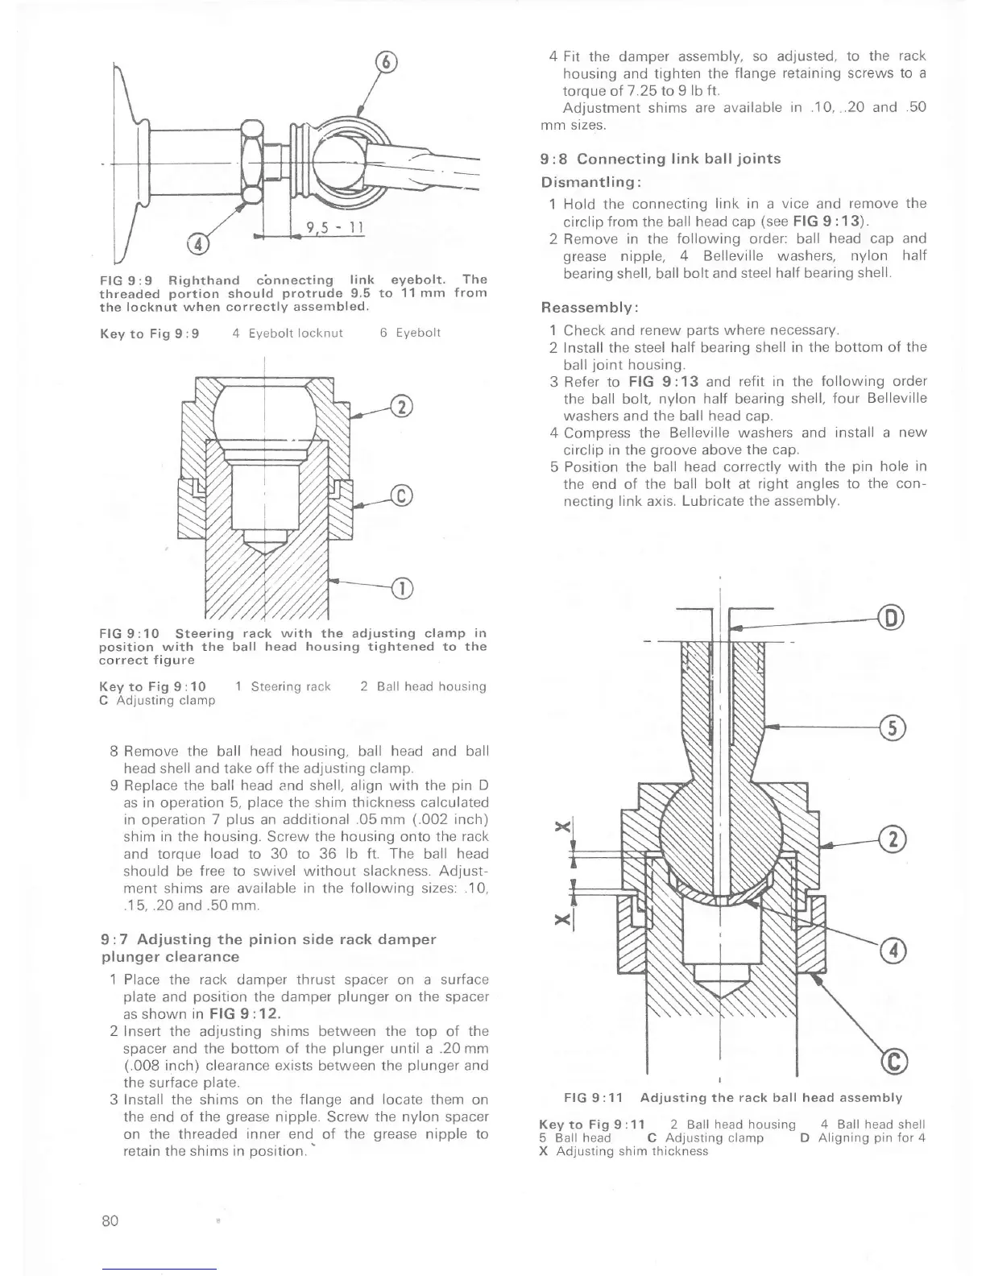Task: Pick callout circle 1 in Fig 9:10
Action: pos(400,589)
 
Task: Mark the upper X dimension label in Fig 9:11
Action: pos(564,826)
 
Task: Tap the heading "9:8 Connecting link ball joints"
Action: pos(660,159)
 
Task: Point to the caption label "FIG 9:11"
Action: pos(593,1097)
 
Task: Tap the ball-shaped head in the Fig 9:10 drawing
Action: pos(264,411)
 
